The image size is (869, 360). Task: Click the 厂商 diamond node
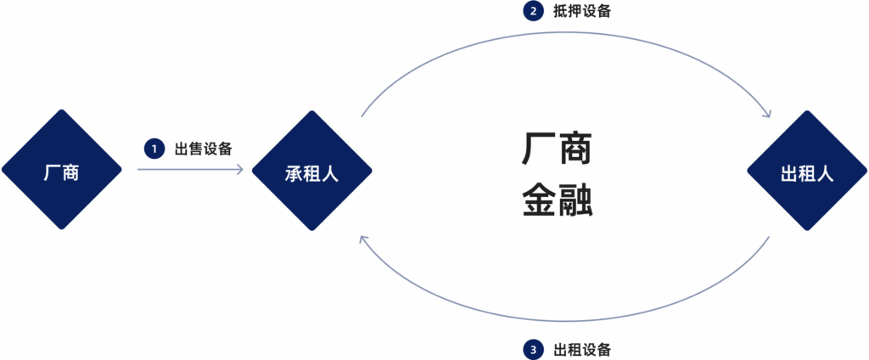coord(61,169)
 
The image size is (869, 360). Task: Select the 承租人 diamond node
coord(312,171)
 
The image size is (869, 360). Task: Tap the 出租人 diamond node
coord(807,171)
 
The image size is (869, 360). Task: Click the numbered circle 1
coord(154,149)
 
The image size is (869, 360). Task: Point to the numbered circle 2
coord(533,11)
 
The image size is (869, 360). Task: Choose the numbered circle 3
coord(533,350)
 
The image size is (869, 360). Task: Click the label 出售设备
coord(203,149)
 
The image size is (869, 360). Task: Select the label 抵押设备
coord(582,11)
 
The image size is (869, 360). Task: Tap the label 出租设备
coord(582,350)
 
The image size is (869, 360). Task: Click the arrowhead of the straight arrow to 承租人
coord(240,169)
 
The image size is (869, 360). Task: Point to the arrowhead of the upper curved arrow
coord(766,112)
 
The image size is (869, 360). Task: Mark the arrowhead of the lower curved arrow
coord(363,239)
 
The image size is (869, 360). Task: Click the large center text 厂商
coord(557,148)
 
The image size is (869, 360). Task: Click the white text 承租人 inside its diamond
coord(312,173)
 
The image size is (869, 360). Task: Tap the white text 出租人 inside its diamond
coord(807,173)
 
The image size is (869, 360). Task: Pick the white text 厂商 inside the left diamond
coord(61,173)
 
